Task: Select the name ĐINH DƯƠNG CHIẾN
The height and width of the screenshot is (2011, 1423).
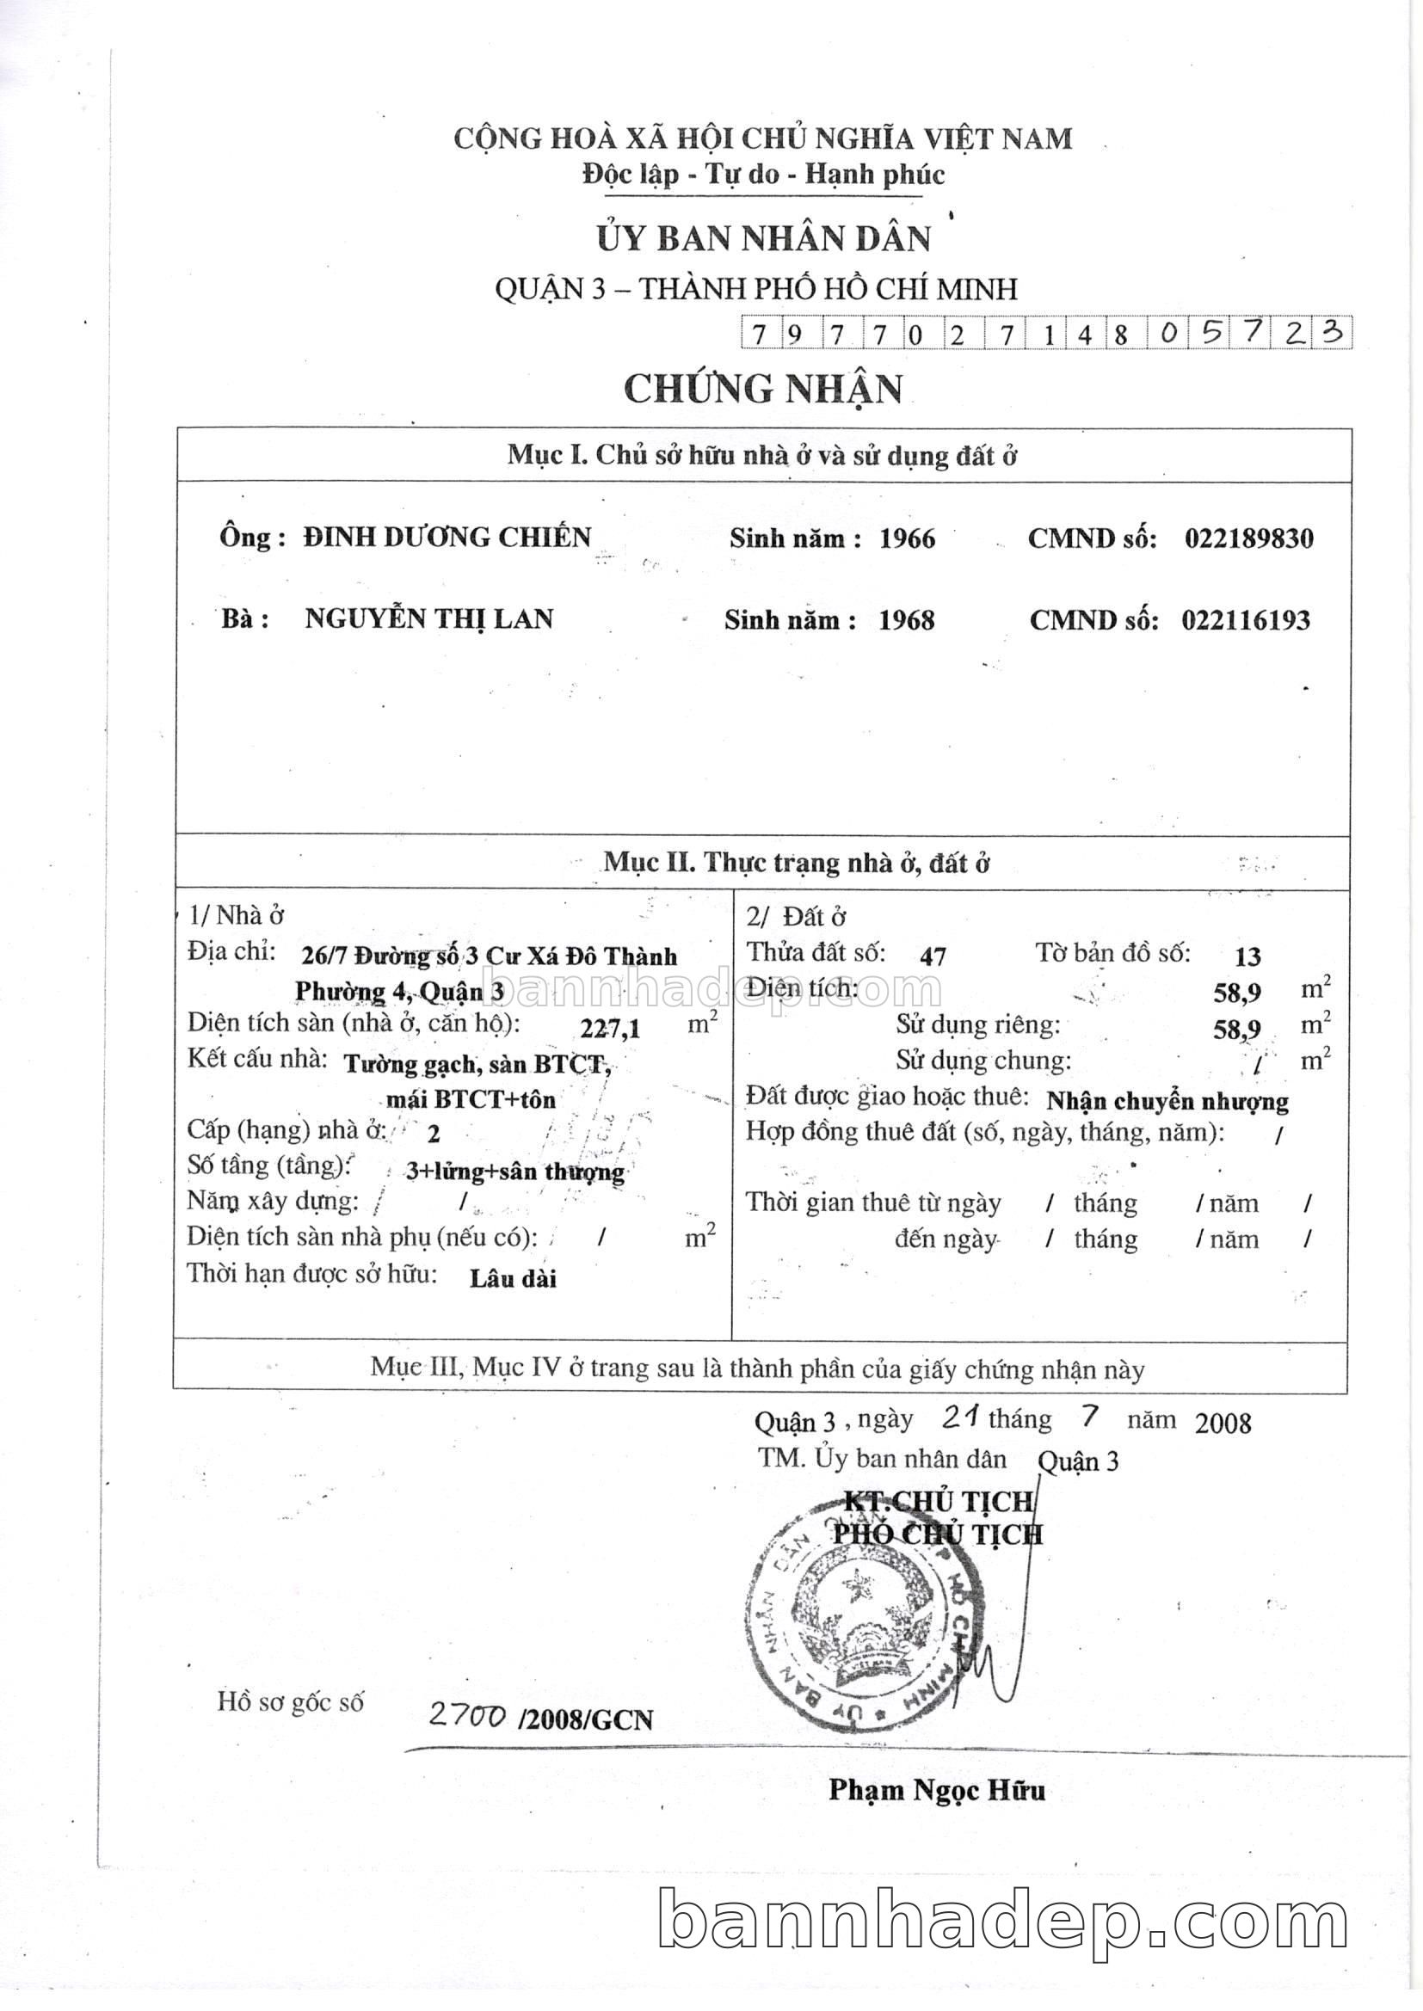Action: (447, 537)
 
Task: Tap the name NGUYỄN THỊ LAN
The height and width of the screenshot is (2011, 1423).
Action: (428, 619)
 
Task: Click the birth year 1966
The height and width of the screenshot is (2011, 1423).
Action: (907, 538)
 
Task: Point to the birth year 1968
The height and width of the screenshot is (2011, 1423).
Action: (906, 621)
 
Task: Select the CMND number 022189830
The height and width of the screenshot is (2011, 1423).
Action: (1248, 538)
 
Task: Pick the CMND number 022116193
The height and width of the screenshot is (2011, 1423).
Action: (1245, 621)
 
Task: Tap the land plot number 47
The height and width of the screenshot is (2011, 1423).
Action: (933, 956)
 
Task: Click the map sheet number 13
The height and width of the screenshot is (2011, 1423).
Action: (1247, 956)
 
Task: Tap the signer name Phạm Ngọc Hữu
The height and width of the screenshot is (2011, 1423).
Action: (937, 1790)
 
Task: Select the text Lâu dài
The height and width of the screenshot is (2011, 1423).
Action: (513, 1279)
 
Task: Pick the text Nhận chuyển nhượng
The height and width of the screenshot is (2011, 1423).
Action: (1167, 1101)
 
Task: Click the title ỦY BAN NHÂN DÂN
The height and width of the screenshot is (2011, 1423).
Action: (762, 239)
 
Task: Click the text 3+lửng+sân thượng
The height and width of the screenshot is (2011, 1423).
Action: (515, 1172)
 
